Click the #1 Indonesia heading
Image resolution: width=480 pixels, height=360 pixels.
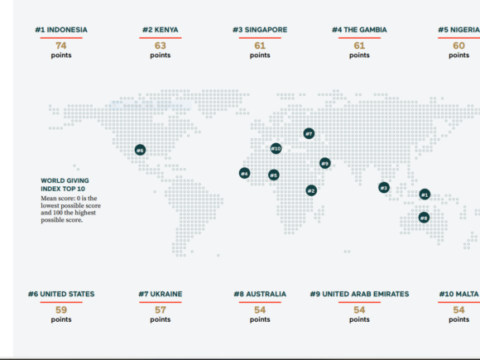coord(61,30)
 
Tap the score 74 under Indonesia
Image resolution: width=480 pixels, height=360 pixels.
coord(61,46)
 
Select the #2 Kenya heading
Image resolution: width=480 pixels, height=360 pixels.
coord(161,30)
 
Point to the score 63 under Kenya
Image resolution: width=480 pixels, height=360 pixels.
coord(161,46)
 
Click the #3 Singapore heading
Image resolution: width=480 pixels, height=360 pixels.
coord(260,30)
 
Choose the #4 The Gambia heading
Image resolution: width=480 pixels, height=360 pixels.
coord(359,30)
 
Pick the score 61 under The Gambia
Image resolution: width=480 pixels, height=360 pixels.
coord(359,46)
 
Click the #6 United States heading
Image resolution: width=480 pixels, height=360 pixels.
coord(61,294)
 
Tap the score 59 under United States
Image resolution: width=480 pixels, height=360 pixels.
coord(61,310)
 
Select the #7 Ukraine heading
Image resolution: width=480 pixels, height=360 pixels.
coord(161,294)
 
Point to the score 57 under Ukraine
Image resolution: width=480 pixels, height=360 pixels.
coord(161,310)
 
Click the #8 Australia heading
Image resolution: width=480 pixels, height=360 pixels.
coord(260,294)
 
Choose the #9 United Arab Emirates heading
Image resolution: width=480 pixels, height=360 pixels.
coord(359,294)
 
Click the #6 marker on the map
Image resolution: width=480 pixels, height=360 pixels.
coord(140,150)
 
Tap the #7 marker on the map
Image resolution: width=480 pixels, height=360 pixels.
coord(309,133)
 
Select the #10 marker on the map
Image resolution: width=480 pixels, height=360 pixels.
coord(276,149)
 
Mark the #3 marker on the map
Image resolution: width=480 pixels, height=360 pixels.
coord(384,187)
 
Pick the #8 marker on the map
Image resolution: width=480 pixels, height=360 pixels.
coord(424,218)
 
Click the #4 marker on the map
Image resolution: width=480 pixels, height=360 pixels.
coord(244,173)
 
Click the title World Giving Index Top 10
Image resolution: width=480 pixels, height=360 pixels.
coord(65,185)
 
